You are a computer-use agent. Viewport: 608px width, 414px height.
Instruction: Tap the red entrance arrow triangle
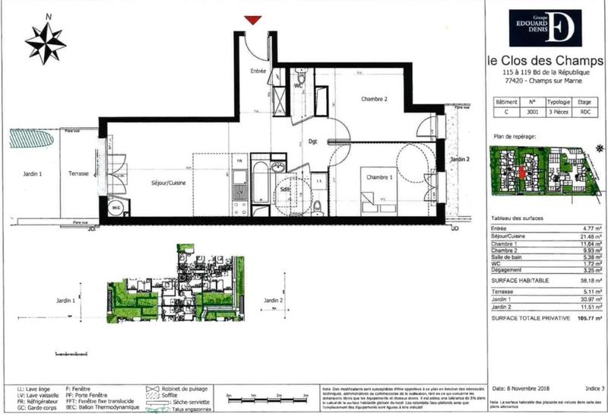tap(254, 20)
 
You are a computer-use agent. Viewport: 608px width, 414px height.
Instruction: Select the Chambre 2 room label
tap(374, 99)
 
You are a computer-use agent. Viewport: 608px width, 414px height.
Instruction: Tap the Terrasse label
tap(78, 174)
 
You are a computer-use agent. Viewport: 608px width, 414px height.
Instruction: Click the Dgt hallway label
tap(312, 141)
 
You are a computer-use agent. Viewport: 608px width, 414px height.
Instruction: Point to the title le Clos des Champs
tap(543, 60)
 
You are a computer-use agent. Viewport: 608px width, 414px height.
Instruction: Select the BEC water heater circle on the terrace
tap(116, 206)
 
